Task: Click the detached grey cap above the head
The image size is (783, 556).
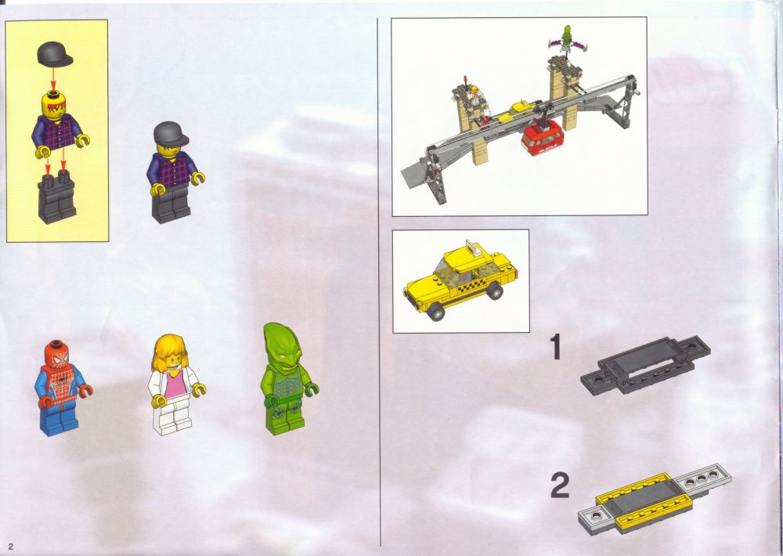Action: [55, 55]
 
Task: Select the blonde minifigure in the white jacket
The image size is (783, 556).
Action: [175, 385]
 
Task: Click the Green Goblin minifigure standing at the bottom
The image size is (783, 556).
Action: [287, 379]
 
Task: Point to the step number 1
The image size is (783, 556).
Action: [555, 347]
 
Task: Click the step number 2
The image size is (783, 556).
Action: [560, 486]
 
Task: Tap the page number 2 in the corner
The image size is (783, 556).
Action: [10, 547]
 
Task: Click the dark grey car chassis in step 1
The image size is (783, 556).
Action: [646, 365]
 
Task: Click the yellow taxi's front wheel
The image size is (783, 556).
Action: [436, 311]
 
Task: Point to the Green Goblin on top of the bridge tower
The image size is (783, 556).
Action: [567, 41]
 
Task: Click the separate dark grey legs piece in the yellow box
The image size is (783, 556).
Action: [56, 197]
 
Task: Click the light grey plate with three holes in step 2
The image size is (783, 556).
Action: [702, 479]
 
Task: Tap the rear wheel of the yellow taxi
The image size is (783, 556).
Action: [494, 291]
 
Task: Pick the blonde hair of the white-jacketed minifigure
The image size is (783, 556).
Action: [170, 352]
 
